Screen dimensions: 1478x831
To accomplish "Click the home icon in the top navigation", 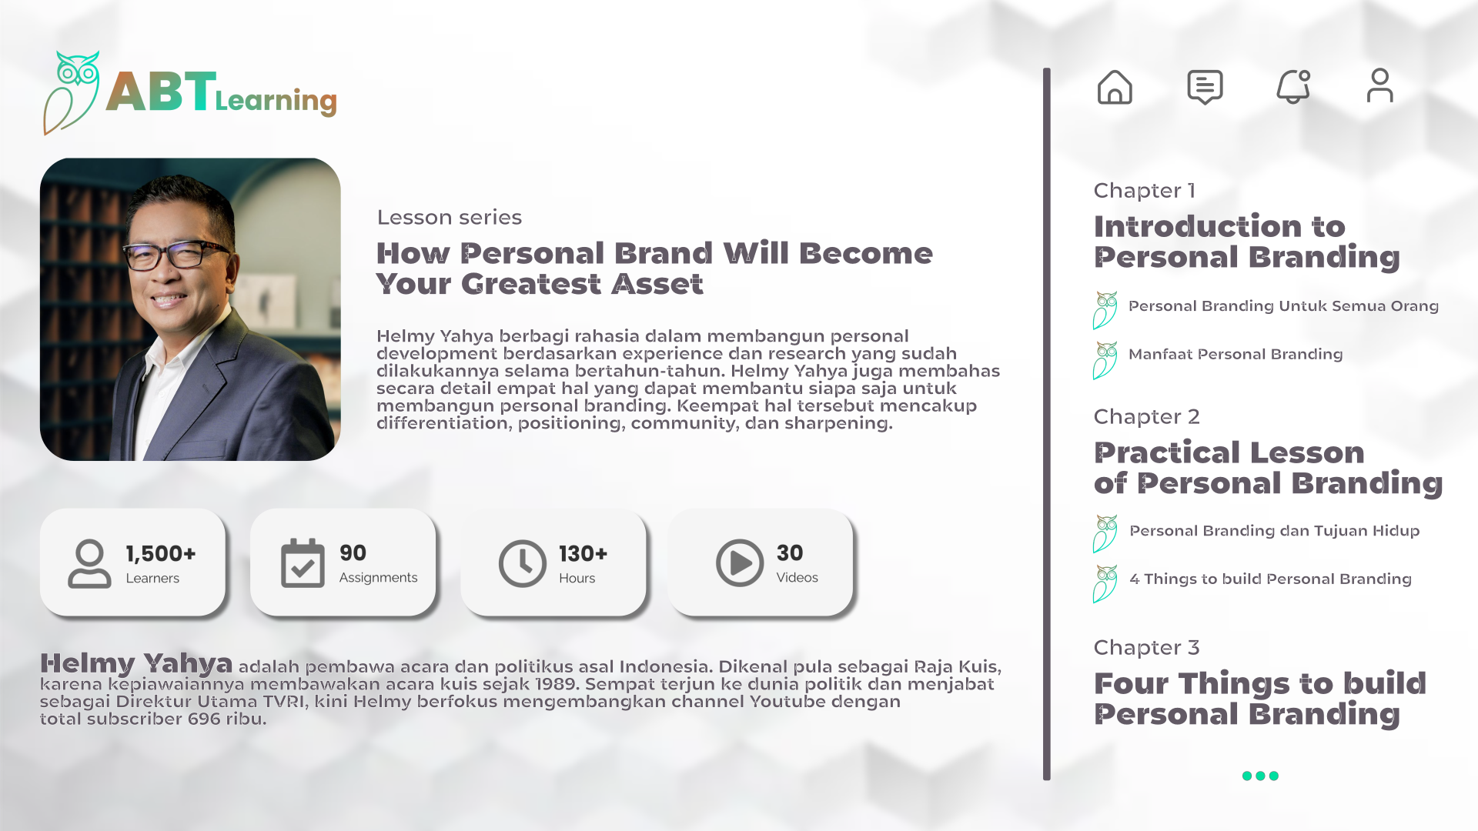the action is click(1115, 87).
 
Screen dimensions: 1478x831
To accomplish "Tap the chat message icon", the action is click(1205, 87).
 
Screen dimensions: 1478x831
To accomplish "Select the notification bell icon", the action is click(1293, 87).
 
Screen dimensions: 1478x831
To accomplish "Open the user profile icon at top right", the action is click(1380, 85).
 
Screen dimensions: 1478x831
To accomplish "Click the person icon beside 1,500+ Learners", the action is click(89, 563).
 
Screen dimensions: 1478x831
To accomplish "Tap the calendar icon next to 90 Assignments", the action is click(303, 563).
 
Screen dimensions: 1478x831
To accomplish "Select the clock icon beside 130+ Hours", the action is click(522, 563).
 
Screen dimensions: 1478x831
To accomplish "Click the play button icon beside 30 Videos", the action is click(740, 563).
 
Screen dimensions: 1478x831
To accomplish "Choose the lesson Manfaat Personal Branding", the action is click(1236, 355).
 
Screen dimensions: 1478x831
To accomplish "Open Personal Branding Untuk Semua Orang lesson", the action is click(1283, 306).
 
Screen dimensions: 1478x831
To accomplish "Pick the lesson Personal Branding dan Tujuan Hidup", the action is click(1274, 531).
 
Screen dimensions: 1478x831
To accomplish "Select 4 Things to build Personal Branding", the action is click(1270, 579).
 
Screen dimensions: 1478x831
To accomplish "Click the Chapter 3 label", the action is click(1146, 648).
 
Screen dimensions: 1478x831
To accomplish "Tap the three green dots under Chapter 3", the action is click(1260, 776).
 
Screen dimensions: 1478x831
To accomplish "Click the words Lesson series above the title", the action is click(450, 218).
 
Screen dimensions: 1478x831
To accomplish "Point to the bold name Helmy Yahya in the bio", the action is click(136, 663).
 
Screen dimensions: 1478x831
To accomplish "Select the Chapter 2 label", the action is click(1146, 417).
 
